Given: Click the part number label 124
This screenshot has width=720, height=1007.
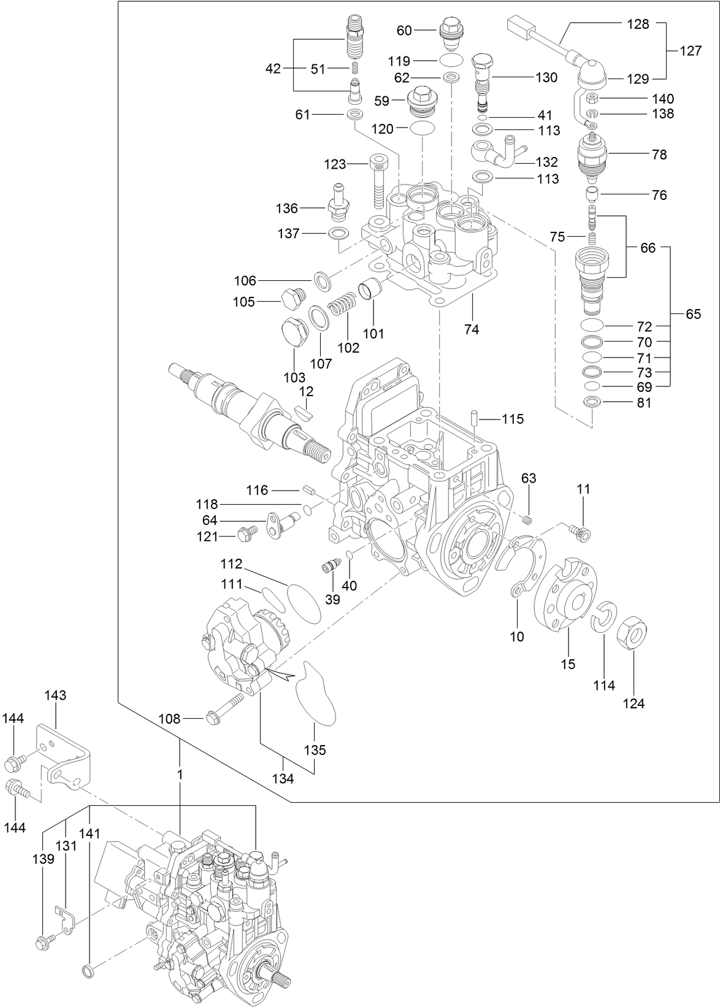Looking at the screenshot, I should point(634,703).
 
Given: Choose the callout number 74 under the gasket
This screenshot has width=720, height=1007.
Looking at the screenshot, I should point(471,329).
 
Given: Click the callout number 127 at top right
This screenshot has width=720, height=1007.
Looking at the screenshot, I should point(691,51).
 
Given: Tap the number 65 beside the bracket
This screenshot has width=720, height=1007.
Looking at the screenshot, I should point(693,315).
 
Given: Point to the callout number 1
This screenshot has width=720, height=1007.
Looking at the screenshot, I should point(180,775).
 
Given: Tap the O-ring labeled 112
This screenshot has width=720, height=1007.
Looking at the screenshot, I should point(304,600).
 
